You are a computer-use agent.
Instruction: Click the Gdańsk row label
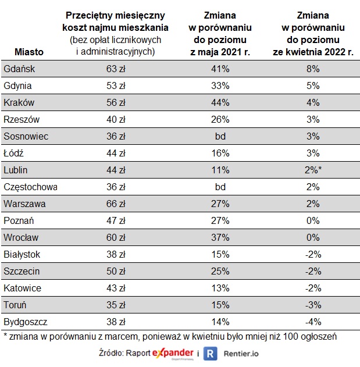tap(20, 69)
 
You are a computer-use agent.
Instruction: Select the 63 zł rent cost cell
tap(115, 69)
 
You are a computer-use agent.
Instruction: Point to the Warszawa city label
tap(24, 204)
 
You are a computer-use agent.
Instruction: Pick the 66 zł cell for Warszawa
tap(115, 204)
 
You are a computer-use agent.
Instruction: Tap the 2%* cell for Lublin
tap(314, 170)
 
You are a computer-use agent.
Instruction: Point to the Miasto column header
tap(28, 52)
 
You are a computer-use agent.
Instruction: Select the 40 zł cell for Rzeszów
tap(115, 119)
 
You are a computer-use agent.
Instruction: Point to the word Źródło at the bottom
tap(114, 354)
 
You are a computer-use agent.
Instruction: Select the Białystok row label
tap(22, 254)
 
